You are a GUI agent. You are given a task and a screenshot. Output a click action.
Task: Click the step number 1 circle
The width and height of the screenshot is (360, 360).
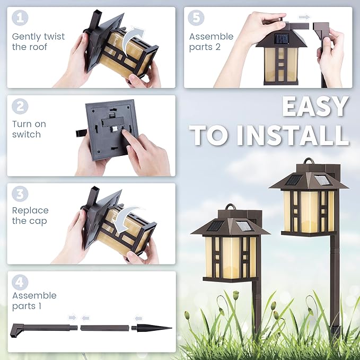tap(20, 17)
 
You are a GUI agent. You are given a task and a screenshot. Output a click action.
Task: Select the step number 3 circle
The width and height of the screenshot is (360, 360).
tap(20, 194)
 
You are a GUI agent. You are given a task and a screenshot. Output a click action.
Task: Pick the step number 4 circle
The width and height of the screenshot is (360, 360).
tap(20, 282)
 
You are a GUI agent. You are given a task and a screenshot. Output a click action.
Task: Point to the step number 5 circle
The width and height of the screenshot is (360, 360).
tap(197, 17)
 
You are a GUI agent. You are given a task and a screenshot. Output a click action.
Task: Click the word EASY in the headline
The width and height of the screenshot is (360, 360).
tap(315, 107)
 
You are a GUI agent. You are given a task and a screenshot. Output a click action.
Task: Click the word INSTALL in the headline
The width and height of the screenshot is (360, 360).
tap(294, 135)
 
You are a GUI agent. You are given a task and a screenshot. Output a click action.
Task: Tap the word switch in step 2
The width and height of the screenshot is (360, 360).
tap(27, 135)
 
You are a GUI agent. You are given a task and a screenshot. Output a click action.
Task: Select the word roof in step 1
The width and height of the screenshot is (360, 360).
tap(37, 47)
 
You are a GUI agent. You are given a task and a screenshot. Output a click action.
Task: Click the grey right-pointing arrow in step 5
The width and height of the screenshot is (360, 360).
tap(304, 17)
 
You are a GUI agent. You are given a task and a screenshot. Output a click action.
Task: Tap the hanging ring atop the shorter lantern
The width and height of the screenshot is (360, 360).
tap(231, 207)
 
